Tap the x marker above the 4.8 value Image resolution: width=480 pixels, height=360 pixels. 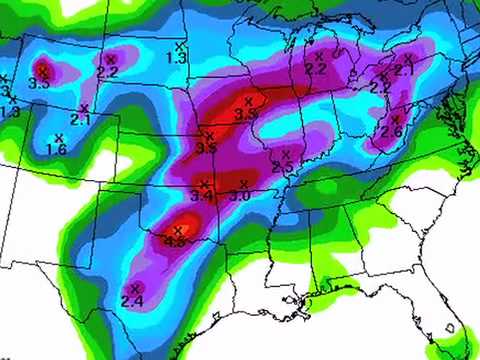[x=176, y=230]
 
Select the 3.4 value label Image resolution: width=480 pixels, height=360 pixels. [x=201, y=195]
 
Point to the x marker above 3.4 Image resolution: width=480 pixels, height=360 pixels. [x=204, y=184]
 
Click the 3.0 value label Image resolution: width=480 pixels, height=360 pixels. [x=240, y=195]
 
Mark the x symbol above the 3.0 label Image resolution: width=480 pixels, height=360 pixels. [x=245, y=184]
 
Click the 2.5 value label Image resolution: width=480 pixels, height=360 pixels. [x=282, y=166]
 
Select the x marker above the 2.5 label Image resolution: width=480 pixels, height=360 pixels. [x=286, y=154]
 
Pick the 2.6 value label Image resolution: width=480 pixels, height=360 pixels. [x=391, y=132]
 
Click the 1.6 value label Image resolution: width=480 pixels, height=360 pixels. [x=56, y=149]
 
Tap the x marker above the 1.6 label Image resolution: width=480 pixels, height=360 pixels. [x=58, y=137]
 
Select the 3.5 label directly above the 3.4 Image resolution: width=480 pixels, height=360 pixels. [x=207, y=147]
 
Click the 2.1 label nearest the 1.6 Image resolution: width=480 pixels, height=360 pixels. [x=81, y=119]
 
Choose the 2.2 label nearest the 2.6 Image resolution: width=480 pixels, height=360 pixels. [x=380, y=88]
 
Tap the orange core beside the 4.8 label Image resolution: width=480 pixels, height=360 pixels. [x=186, y=224]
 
